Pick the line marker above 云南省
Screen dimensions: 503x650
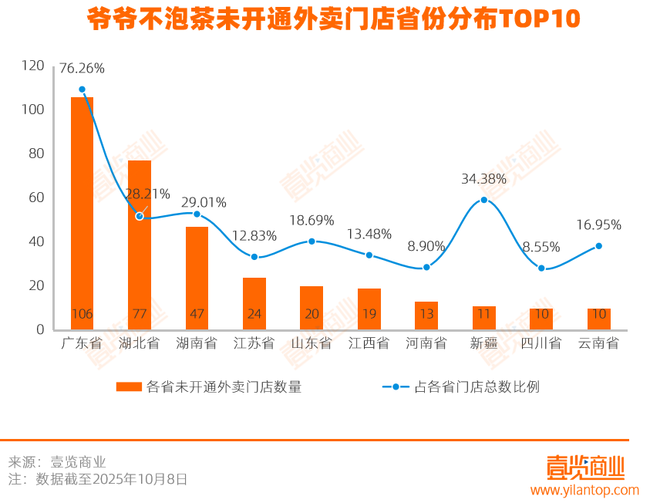598,246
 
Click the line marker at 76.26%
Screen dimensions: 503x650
82,89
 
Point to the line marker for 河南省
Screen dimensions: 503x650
426,267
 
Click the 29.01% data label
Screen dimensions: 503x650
204,203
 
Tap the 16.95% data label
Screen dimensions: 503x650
598,225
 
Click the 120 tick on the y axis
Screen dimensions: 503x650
34,66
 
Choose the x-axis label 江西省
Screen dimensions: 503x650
369,343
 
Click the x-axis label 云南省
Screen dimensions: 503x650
598,343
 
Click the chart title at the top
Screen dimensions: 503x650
333,19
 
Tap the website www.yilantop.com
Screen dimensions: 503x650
584,490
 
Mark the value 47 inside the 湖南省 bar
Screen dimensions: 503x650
197,314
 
